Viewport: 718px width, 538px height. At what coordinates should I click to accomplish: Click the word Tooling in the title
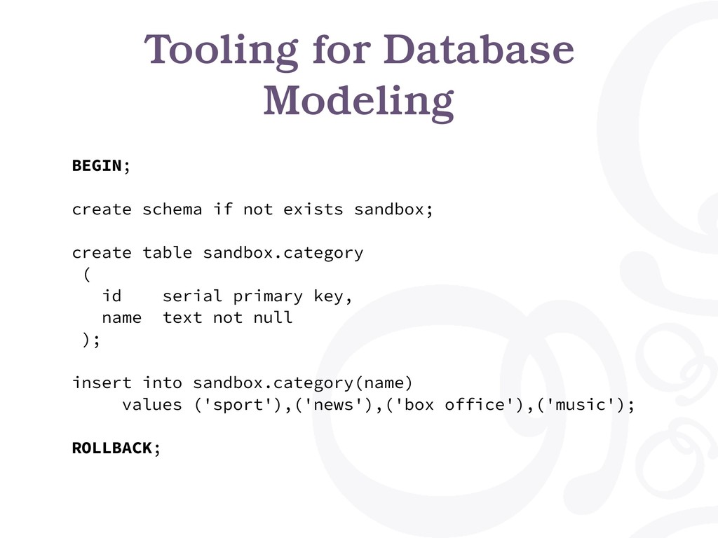(221, 51)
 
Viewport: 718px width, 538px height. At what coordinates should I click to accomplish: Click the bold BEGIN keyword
(97, 165)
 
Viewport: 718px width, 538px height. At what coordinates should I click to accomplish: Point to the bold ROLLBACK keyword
(112, 448)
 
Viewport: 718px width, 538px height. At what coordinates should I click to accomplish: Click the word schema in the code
(172, 209)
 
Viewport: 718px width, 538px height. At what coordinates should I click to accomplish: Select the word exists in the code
(313, 209)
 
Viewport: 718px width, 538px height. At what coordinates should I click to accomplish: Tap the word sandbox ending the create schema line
(388, 209)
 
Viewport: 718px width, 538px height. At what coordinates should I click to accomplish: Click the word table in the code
(167, 252)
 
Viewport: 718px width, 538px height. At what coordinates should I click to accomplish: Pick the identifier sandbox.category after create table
(283, 254)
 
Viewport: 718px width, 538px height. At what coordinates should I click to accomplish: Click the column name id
(111, 296)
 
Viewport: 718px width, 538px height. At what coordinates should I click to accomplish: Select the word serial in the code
(192, 296)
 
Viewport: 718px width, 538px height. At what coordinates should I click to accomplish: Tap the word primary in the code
(268, 297)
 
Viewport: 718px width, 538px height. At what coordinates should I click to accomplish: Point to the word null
(273, 317)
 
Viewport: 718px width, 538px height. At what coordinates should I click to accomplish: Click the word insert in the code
(102, 382)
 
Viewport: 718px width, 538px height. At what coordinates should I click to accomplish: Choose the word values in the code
(152, 404)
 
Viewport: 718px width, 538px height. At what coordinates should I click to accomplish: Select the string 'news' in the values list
(333, 404)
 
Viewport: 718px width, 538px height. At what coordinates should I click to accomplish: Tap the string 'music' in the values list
(580, 404)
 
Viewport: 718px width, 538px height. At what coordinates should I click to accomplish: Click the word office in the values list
(475, 404)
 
